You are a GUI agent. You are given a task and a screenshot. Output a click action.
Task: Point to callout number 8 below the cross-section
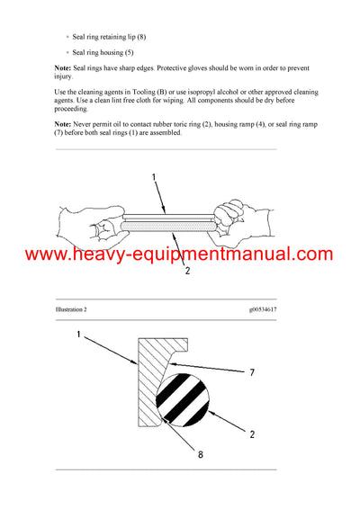(199, 455)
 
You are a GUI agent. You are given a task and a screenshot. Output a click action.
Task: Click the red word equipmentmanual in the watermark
(227, 254)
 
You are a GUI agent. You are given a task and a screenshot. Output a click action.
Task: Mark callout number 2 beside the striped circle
(253, 434)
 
